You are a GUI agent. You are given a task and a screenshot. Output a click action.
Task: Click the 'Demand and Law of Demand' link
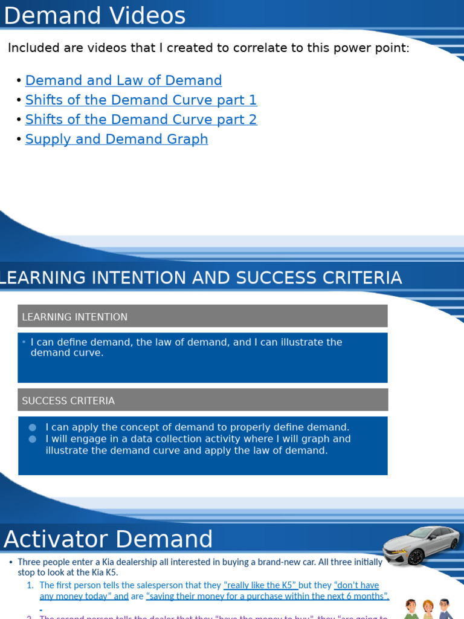(x=123, y=80)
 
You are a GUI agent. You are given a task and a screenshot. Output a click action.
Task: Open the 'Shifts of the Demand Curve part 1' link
(x=141, y=100)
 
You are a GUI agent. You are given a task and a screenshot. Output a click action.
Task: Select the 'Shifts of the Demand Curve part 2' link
(x=141, y=120)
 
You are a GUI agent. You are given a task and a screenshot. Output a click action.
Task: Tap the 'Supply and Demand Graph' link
(x=117, y=139)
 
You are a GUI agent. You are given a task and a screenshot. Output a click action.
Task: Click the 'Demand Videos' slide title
(x=95, y=16)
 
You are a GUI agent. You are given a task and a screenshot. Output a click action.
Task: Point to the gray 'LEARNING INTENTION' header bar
(x=202, y=316)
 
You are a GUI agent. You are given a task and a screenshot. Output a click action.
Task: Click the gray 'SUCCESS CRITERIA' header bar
(x=202, y=400)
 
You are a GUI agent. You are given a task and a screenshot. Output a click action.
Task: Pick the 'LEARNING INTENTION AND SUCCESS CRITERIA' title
(x=201, y=278)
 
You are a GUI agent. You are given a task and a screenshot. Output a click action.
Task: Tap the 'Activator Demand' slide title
(x=109, y=539)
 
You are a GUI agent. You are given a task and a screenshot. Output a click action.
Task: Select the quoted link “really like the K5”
(x=260, y=585)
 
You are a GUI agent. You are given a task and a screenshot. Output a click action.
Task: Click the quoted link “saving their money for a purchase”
(x=268, y=596)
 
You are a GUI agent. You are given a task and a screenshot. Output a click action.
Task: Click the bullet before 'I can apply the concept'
(x=32, y=427)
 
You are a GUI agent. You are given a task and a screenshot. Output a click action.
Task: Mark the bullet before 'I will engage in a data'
(x=32, y=439)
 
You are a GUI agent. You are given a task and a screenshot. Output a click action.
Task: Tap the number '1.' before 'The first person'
(x=30, y=585)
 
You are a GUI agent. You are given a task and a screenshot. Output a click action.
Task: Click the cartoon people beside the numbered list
(x=428, y=609)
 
